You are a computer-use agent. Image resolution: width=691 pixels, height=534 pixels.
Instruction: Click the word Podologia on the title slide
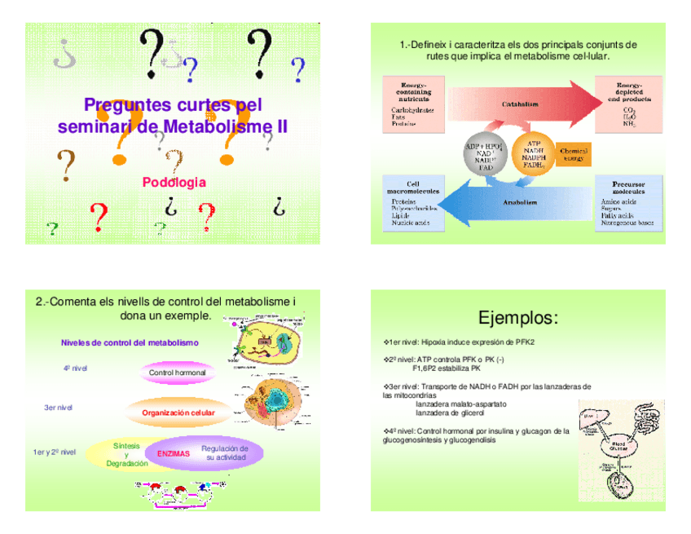[174, 183]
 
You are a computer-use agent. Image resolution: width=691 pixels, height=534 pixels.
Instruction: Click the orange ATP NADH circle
[534, 152]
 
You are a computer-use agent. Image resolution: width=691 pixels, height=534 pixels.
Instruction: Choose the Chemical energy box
[574, 154]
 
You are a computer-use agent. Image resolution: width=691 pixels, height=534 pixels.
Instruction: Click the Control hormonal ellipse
[177, 373]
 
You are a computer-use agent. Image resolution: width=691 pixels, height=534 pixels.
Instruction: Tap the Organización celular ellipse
[178, 413]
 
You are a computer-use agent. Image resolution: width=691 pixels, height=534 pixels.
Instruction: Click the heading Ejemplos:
[517, 317]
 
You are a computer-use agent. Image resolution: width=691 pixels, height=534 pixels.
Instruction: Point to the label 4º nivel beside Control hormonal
[75, 369]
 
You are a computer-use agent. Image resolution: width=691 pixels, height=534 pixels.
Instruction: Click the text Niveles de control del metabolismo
[130, 342]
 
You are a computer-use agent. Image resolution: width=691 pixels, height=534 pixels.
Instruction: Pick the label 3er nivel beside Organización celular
[59, 407]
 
